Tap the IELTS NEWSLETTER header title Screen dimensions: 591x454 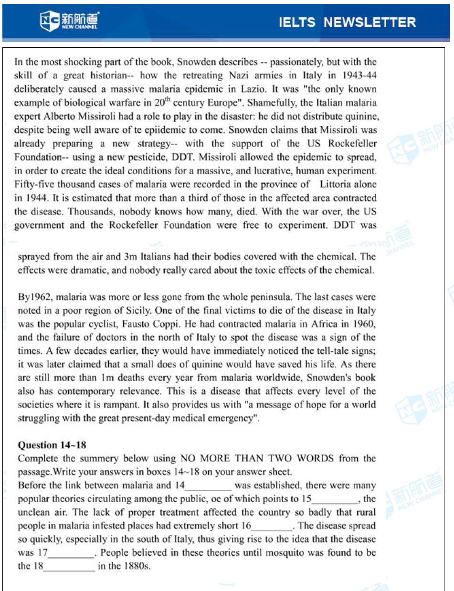click(x=347, y=22)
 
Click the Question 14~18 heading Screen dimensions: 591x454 click(x=52, y=445)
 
